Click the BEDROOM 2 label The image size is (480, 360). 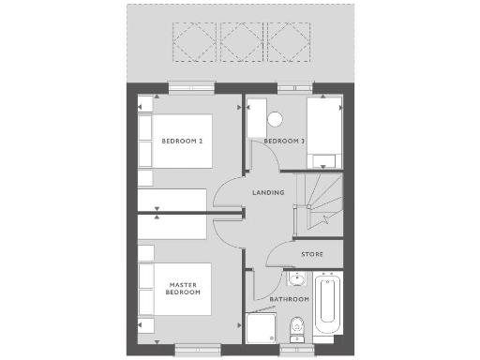click(183, 142)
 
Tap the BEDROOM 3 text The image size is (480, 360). click(284, 142)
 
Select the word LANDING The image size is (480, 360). click(268, 193)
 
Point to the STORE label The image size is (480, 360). click(312, 254)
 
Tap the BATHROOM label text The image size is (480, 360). click(290, 299)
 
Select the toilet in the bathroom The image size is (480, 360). click(297, 329)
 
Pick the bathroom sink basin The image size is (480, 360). click(296, 278)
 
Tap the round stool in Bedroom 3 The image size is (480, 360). click(275, 119)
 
